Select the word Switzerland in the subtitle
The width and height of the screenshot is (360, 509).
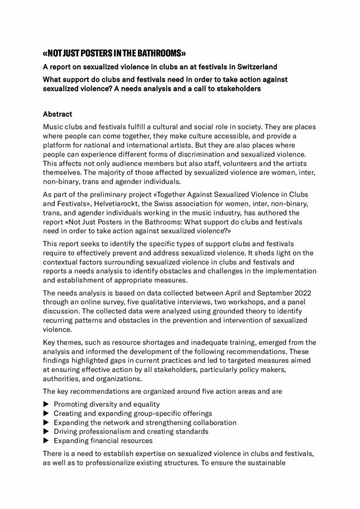pyautogui.click(x=258, y=67)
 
